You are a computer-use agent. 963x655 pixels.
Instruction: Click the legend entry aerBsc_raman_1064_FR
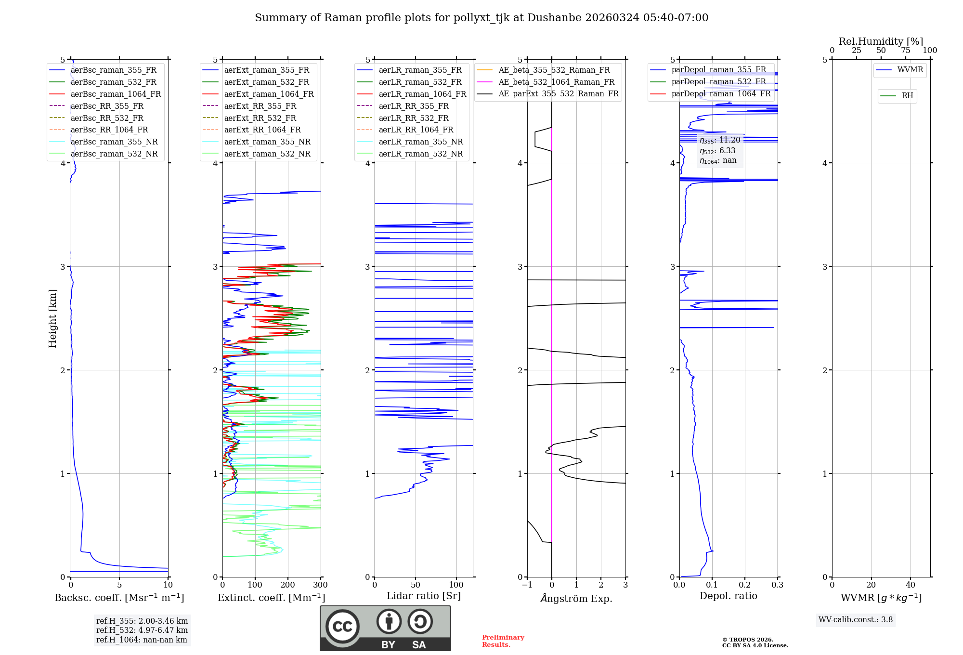pyautogui.click(x=116, y=94)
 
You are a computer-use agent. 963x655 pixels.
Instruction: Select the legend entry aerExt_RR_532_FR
pyautogui.click(x=260, y=118)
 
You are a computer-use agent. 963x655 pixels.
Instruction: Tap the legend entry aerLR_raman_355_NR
pyautogui.click(x=420, y=142)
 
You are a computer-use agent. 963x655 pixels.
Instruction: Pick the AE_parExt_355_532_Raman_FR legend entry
pyautogui.click(x=558, y=93)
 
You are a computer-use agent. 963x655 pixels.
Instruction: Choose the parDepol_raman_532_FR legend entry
pyautogui.click(x=718, y=81)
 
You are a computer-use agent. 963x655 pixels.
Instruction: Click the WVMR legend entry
pyautogui.click(x=910, y=70)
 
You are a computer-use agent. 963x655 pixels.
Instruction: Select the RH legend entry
pyautogui.click(x=907, y=95)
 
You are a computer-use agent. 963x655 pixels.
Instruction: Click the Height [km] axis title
pyautogui.click(x=52, y=318)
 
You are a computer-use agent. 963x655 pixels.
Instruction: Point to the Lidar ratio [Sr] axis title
pyautogui.click(x=424, y=596)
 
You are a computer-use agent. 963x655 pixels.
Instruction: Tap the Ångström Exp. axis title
pyautogui.click(x=576, y=598)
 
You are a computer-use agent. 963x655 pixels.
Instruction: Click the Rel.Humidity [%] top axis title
pyautogui.click(x=881, y=41)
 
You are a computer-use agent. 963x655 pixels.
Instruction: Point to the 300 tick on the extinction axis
pyautogui.click(x=320, y=585)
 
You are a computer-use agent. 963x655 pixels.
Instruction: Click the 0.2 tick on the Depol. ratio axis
pyautogui.click(x=745, y=585)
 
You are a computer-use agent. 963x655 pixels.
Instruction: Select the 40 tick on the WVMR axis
pyautogui.click(x=910, y=585)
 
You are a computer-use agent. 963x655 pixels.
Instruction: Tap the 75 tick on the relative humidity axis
pyautogui.click(x=906, y=51)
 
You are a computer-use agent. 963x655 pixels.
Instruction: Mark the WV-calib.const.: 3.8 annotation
pyautogui.click(x=856, y=620)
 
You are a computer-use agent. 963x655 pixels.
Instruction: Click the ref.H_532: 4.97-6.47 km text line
pyautogui.click(x=142, y=630)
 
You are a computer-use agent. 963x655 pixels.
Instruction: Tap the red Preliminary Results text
pyautogui.click(x=503, y=641)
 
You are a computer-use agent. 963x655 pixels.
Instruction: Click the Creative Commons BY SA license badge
pyautogui.click(x=385, y=628)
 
